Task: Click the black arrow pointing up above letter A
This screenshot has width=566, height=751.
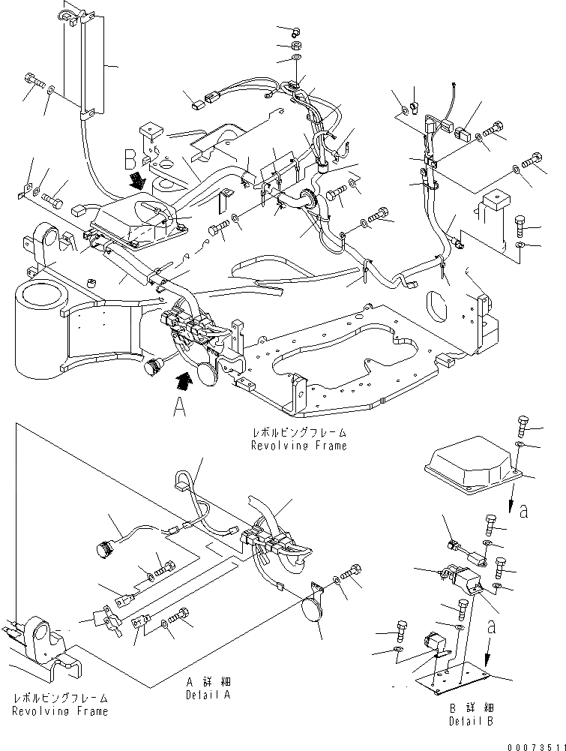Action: [x=184, y=380]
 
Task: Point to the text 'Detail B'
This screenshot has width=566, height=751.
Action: [x=470, y=721]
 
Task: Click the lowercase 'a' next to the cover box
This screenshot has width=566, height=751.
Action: [x=523, y=512]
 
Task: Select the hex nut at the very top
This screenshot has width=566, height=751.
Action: [x=295, y=31]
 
